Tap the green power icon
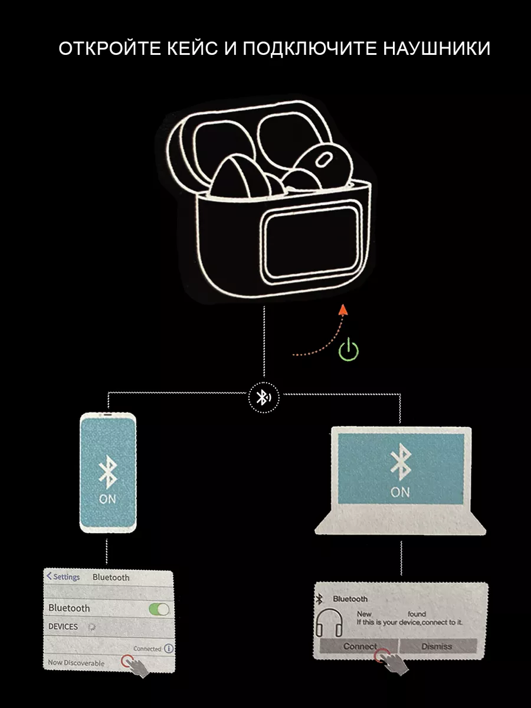[x=349, y=349]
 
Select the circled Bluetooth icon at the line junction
[x=263, y=397]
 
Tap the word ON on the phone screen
[x=107, y=499]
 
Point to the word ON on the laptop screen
[x=400, y=491]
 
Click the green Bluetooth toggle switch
[x=159, y=609]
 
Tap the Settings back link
[x=63, y=576]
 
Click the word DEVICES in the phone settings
[x=63, y=627]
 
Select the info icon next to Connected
[x=169, y=648]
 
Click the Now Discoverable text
[x=76, y=663]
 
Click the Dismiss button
[x=437, y=646]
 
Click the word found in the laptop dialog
[x=416, y=614]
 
